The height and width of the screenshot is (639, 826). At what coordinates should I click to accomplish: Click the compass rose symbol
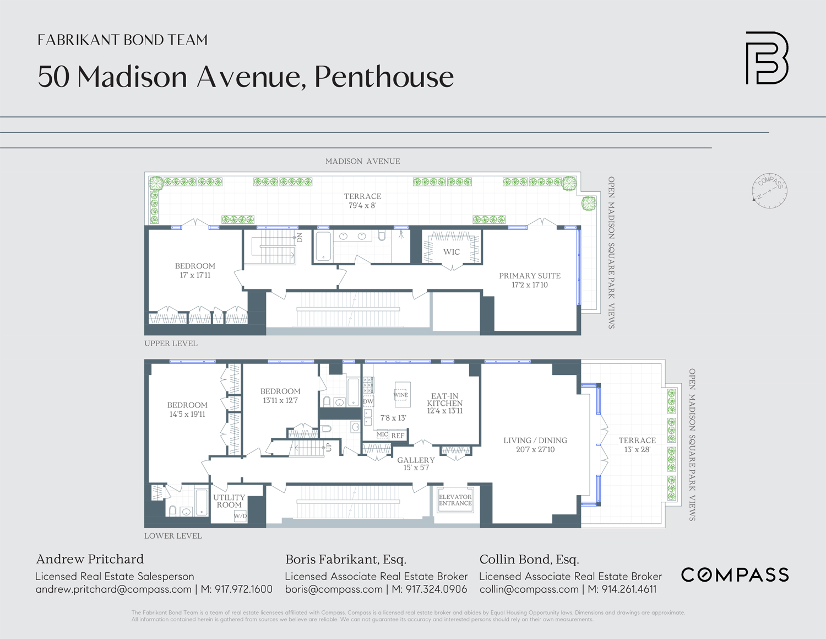[769, 191]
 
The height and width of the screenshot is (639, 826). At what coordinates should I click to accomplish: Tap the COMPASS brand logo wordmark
[735, 575]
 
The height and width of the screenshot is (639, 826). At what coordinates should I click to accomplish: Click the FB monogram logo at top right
[767, 58]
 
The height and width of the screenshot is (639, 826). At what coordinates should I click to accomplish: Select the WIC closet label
[452, 252]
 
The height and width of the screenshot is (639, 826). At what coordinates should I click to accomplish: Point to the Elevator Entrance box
[455, 500]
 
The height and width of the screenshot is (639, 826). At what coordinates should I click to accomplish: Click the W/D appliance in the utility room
[240, 516]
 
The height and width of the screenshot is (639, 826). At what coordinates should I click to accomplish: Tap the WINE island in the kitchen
[401, 395]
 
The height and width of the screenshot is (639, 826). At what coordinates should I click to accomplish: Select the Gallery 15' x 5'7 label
[416, 464]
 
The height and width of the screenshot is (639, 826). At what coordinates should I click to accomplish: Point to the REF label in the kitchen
[398, 436]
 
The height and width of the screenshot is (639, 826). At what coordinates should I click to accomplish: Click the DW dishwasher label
[368, 401]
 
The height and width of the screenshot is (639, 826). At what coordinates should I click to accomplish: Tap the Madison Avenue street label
[362, 162]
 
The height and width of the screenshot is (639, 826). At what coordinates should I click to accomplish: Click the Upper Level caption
[171, 343]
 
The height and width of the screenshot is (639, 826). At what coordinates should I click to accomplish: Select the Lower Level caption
[173, 536]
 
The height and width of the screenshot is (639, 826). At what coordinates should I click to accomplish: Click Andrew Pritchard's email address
[113, 589]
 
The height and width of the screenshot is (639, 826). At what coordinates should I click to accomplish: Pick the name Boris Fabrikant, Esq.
[345, 560]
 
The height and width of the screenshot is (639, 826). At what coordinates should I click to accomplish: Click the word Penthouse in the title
[384, 77]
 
